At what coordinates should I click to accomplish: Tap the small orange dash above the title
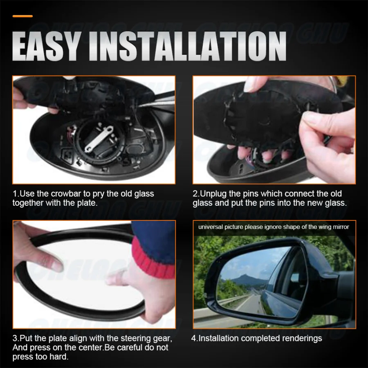22,16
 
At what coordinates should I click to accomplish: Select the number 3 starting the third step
14,339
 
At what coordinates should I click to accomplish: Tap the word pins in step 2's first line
250,193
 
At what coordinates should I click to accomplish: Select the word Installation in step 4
219,339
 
